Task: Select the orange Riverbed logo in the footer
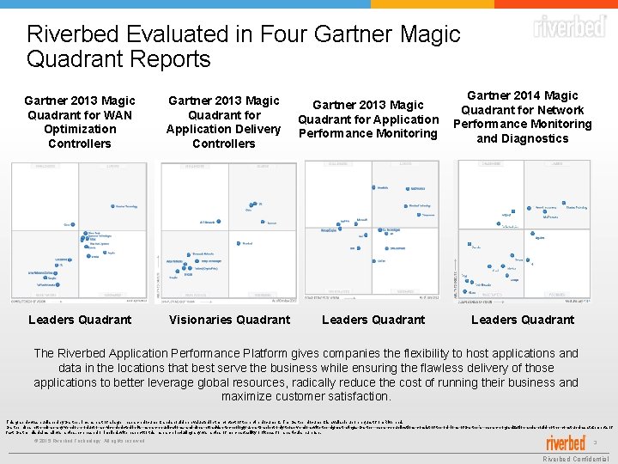click(x=565, y=443)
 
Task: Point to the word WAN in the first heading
click(x=116, y=114)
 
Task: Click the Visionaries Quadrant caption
click(x=229, y=320)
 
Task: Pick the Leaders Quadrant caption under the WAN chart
click(x=80, y=320)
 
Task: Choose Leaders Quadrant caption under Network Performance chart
click(x=523, y=320)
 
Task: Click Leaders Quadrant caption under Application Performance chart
click(x=373, y=320)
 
